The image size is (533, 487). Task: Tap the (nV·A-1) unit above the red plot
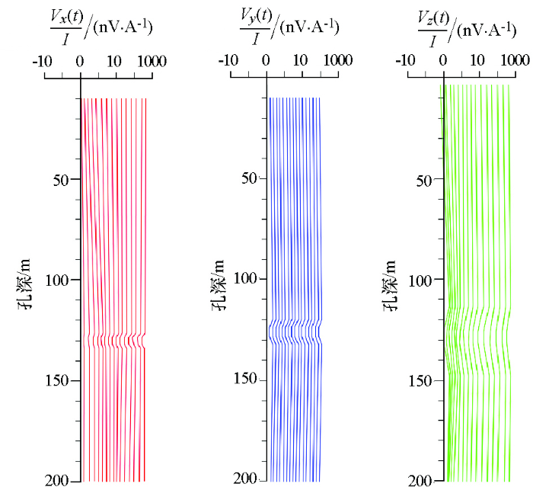[x=123, y=29]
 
